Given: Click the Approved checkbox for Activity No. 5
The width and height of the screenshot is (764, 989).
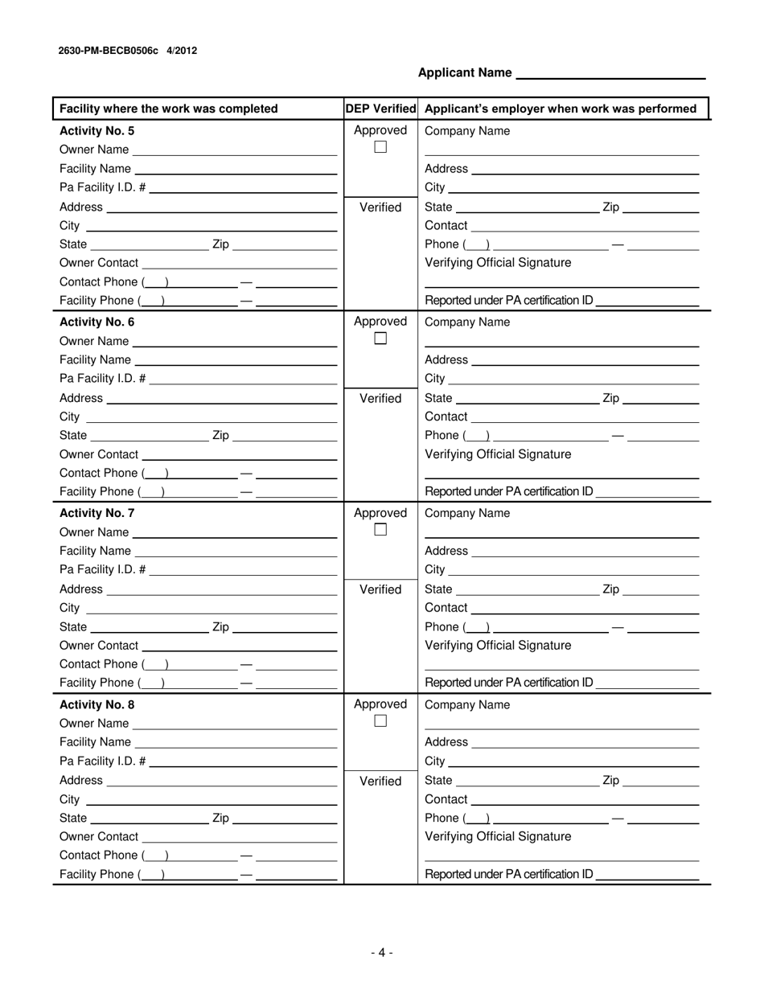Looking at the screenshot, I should coord(380,147).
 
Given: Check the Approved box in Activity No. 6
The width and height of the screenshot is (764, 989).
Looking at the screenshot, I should coord(380,339).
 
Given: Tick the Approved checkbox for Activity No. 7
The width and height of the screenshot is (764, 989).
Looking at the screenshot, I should coord(380,530).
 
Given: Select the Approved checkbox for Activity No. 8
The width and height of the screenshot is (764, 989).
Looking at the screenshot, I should coord(380,721).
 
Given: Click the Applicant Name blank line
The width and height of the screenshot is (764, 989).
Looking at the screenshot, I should coord(610,74).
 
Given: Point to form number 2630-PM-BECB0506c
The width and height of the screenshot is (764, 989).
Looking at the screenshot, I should coord(109,51).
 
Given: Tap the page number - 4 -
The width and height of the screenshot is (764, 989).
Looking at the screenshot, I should coord(382,953).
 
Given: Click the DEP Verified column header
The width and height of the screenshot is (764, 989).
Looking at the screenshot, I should coord(380,109).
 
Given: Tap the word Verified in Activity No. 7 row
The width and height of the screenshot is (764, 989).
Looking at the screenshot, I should coord(380,589).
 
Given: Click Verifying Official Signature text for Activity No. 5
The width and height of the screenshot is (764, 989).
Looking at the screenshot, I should coord(498,263).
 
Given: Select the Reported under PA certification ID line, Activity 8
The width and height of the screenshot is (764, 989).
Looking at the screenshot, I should coord(648,876).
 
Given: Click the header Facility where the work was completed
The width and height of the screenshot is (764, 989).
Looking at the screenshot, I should coord(169,109).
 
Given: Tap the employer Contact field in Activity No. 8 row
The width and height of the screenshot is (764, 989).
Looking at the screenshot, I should coord(585,801).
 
